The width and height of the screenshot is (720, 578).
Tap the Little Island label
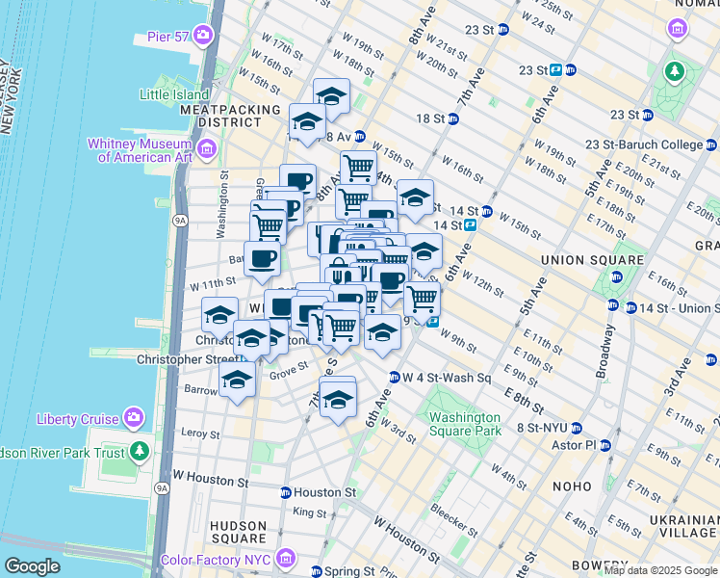click(x=174, y=94)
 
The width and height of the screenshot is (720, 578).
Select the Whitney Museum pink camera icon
click(x=207, y=149)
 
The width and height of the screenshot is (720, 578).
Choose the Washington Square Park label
click(x=466, y=425)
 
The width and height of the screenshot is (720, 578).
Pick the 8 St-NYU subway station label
click(x=542, y=428)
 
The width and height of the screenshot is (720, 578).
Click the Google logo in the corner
click(x=32, y=566)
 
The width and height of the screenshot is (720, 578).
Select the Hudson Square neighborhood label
click(x=238, y=533)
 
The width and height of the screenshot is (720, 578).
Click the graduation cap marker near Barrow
click(x=237, y=379)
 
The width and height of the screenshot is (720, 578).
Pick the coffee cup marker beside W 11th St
click(x=263, y=257)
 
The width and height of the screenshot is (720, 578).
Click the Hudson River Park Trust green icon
click(x=141, y=451)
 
